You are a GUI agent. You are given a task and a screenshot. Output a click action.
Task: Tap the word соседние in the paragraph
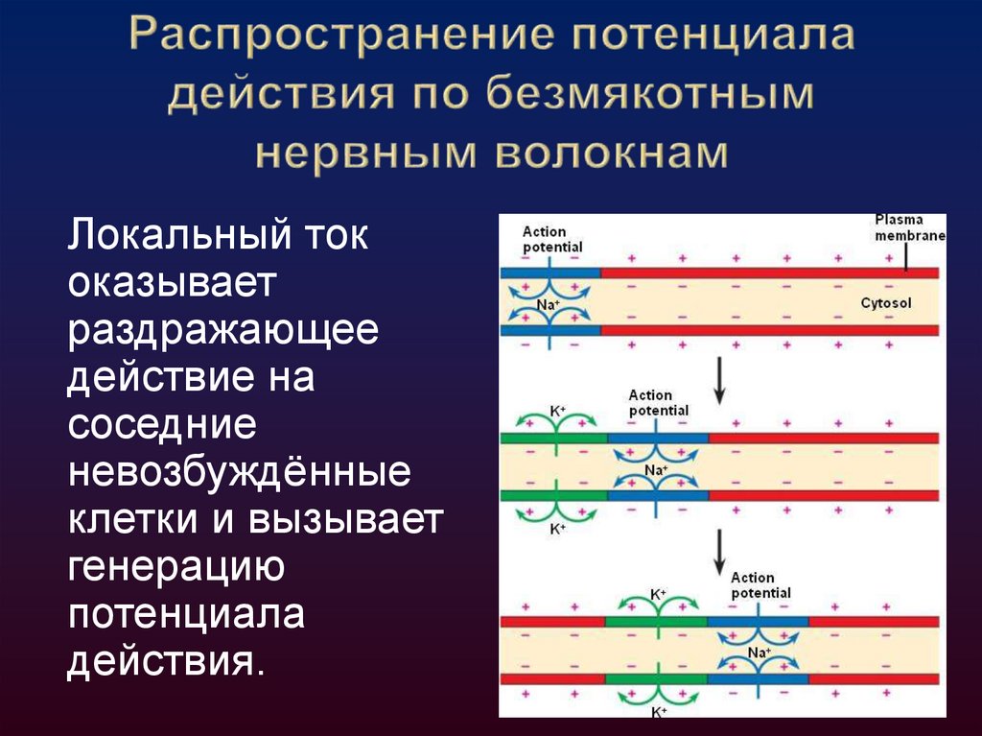pos(161,424)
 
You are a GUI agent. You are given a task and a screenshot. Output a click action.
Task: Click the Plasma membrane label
pos(908,228)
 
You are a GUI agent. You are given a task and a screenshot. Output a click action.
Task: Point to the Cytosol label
pos(885,303)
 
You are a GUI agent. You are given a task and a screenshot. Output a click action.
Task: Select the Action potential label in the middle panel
pos(658,403)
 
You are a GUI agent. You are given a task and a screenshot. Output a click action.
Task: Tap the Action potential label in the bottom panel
pos(760,585)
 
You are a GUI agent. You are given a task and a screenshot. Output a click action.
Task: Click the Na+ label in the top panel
pos(548,304)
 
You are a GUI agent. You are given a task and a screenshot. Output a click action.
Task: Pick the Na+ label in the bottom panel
pos(759,653)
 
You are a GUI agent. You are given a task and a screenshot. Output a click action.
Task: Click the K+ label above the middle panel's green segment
pos(556,411)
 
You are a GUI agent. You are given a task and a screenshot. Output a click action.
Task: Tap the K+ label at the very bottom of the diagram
pos(659,712)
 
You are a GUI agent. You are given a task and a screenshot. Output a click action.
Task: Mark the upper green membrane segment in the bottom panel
pos(656,621)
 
